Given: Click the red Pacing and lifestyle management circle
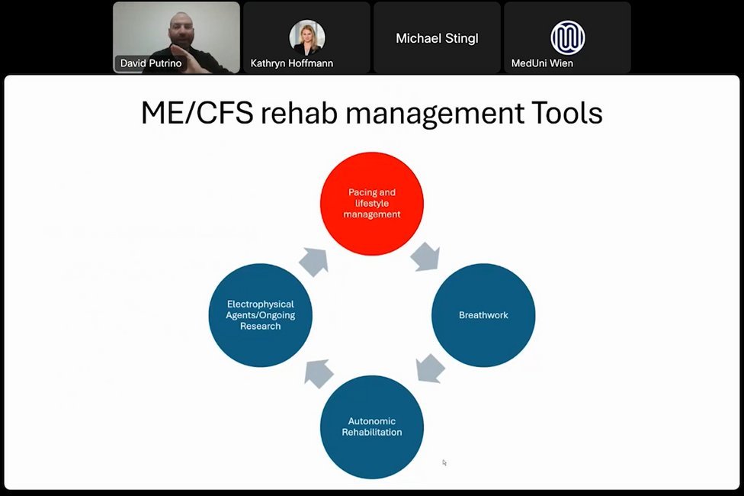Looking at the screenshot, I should coord(371,204).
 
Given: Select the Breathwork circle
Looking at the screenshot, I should coord(483,315).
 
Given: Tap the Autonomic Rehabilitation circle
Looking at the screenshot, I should coord(371,427).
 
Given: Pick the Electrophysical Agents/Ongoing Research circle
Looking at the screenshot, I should coord(260,315).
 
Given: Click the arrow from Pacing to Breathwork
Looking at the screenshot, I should coord(425,256).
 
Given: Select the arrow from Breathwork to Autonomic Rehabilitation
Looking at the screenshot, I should coord(431,368).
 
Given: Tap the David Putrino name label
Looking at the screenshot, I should coord(151,63).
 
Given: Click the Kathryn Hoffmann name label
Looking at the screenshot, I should coord(292,63).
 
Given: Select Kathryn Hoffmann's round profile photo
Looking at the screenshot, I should coord(307,36).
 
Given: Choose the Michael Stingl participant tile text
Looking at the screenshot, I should coord(437,38).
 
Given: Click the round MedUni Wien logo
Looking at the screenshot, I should coord(567,36).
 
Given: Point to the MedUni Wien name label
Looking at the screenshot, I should coord(542,63).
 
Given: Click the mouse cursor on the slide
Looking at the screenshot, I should coord(444,462).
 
